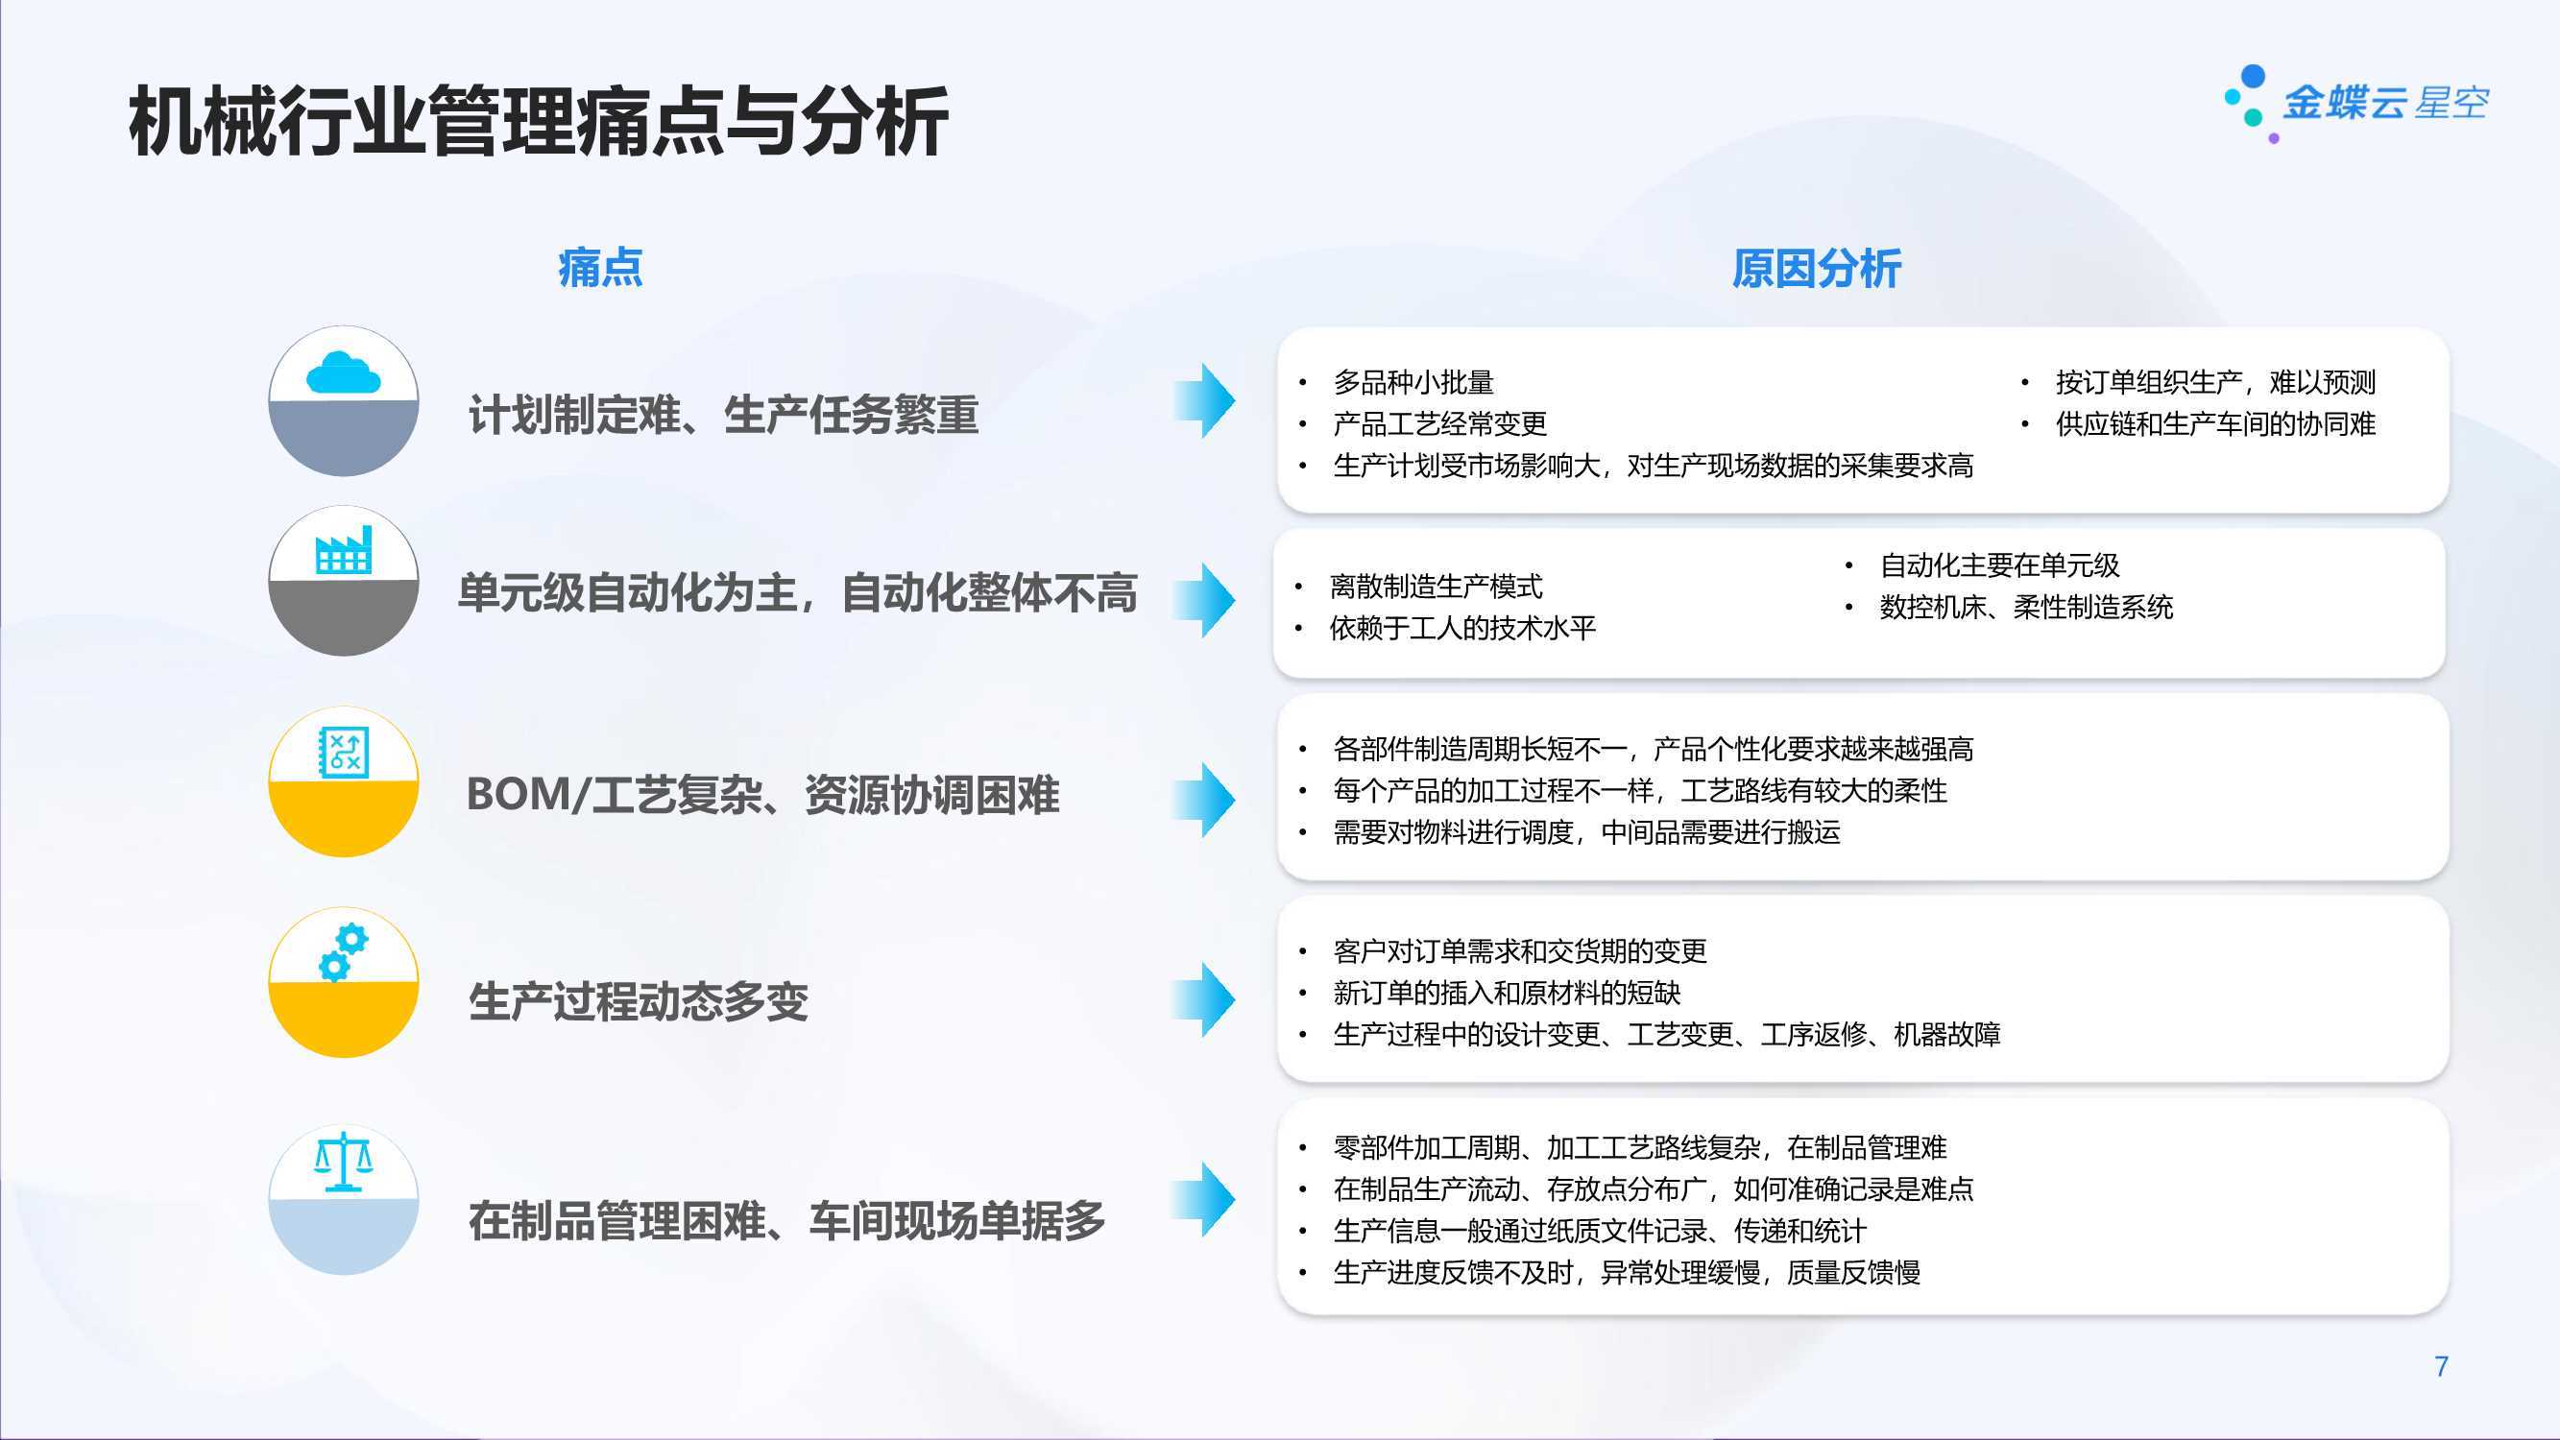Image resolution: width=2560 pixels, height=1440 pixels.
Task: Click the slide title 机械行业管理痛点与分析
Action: [x=538, y=122]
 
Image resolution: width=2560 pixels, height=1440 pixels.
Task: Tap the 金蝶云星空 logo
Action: [x=2355, y=104]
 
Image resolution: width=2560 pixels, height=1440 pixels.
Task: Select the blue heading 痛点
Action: [x=600, y=269]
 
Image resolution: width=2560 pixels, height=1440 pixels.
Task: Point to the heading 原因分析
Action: [x=1817, y=269]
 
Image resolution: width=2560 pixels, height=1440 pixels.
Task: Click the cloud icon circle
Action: [x=344, y=400]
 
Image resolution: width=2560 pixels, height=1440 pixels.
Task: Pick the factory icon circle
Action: [x=344, y=581]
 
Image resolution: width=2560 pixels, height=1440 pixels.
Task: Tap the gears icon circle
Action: [x=344, y=982]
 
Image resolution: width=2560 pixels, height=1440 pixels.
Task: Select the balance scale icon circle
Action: [x=344, y=1199]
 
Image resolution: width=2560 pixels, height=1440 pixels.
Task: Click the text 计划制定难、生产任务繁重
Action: [x=723, y=415]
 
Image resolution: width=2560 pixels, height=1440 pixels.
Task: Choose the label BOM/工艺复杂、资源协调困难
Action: [x=763, y=795]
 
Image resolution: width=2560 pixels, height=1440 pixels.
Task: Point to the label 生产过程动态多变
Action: [x=639, y=1000]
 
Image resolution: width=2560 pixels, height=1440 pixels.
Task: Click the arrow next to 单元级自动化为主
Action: [x=1203, y=600]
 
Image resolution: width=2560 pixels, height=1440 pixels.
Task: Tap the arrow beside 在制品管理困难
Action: [x=1203, y=1199]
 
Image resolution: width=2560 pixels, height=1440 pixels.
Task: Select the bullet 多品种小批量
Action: [x=1413, y=383]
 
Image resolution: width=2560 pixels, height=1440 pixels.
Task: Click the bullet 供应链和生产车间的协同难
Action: [x=2215, y=424]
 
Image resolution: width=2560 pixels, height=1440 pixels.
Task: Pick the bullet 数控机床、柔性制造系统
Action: [x=2026, y=608]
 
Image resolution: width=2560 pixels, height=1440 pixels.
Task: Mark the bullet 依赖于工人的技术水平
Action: [x=1462, y=628]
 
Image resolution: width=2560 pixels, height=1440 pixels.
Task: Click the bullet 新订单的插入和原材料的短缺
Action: [x=1507, y=993]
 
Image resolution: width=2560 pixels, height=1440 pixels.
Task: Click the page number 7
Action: [x=2441, y=1366]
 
